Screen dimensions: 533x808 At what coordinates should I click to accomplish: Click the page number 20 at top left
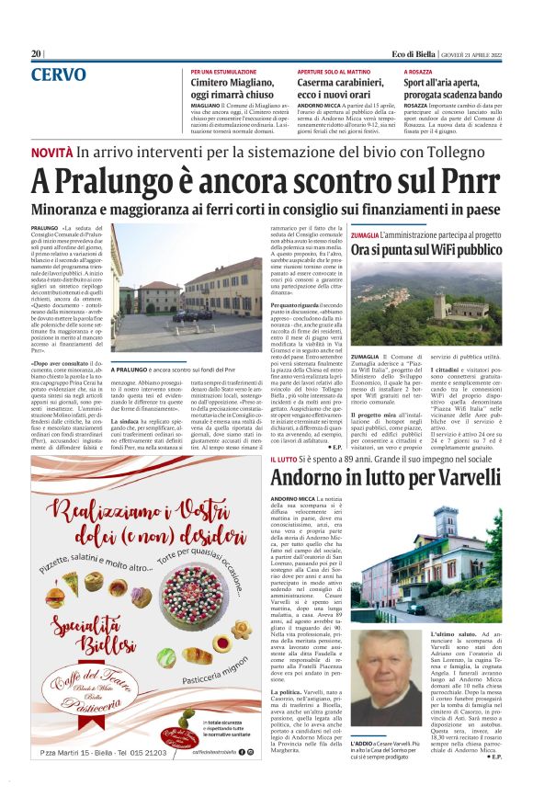[x=37, y=54]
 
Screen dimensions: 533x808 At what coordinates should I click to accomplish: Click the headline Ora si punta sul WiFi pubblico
[x=425, y=249]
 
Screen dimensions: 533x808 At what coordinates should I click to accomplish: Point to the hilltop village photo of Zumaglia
[x=425, y=300]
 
